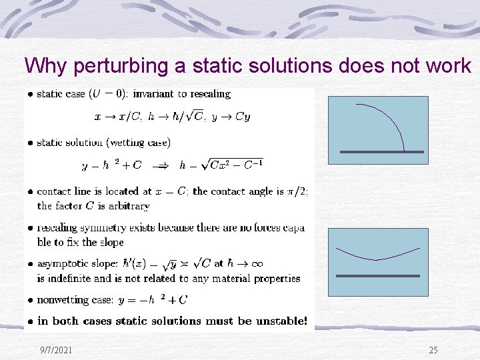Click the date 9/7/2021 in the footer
click(x=56, y=350)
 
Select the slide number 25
click(x=433, y=350)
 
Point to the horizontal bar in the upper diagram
click(x=381, y=152)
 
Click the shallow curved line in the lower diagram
click(x=378, y=255)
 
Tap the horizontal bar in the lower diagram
click(x=377, y=276)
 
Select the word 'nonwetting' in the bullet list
click(x=65, y=301)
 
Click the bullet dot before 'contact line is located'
click(x=30, y=192)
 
